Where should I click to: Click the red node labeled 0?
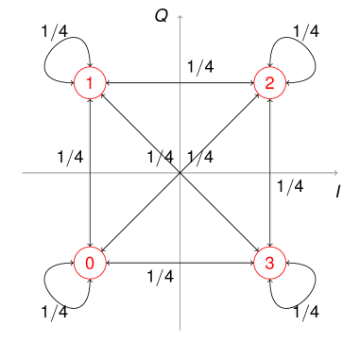(89, 263)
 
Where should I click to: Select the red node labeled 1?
(89, 83)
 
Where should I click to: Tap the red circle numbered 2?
(269, 83)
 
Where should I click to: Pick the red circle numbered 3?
(269, 263)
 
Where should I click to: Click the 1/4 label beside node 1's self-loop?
(55, 30)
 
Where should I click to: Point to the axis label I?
(337, 192)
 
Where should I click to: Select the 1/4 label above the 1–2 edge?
(200, 67)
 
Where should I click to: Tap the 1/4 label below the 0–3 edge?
(161, 277)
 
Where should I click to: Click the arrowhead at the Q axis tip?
(180, 15)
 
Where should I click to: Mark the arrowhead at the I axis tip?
(335, 173)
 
